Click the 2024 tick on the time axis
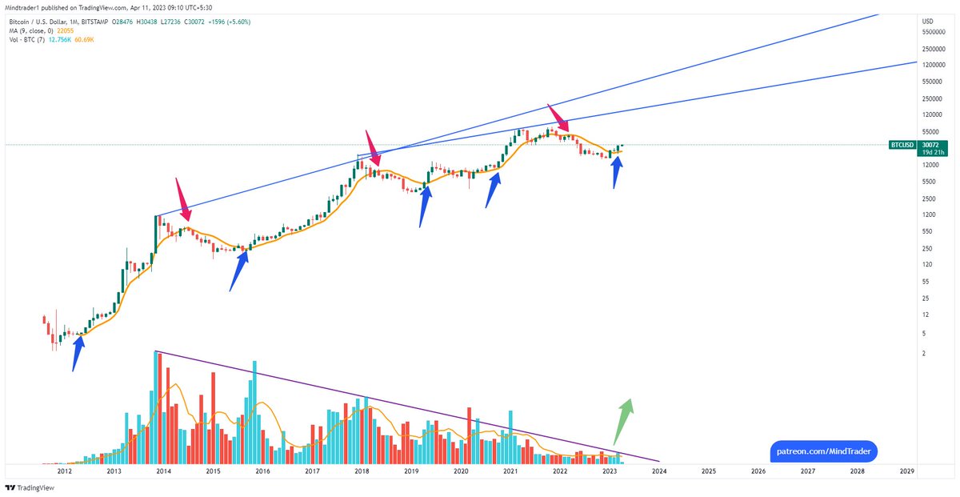click(x=659, y=472)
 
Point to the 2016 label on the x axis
click(x=262, y=472)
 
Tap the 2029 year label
click(x=906, y=472)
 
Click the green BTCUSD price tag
click(x=904, y=145)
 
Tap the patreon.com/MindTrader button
click(x=823, y=452)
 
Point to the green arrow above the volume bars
click(x=622, y=420)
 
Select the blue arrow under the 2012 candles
click(x=77, y=353)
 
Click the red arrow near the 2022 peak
click(x=558, y=117)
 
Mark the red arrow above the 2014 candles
click(x=182, y=200)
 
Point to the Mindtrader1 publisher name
click(x=23, y=7)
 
